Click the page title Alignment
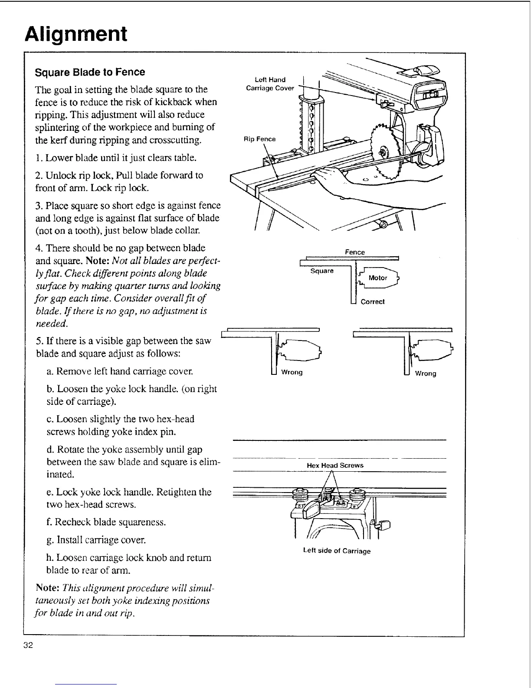click(76, 34)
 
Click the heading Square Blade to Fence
click(90, 72)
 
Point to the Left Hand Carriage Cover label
click(270, 84)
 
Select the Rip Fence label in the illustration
click(259, 139)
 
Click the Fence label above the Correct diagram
click(354, 252)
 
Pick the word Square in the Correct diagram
click(322, 271)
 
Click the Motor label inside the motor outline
click(377, 278)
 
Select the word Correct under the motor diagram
click(372, 302)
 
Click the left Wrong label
click(292, 372)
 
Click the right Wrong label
click(425, 374)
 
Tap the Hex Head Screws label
click(335, 465)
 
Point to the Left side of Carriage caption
click(337, 551)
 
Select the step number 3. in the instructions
click(39, 205)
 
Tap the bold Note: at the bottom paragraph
click(47, 588)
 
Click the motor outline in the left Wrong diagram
click(299, 348)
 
